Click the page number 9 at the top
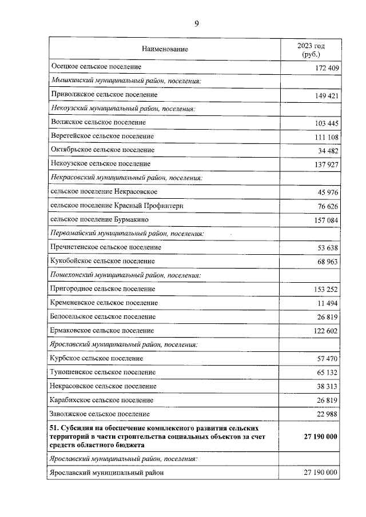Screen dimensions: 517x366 (197, 23)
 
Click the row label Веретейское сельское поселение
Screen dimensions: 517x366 (102, 136)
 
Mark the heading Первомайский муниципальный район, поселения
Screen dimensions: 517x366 (128, 233)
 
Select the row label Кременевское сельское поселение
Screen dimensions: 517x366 (104, 303)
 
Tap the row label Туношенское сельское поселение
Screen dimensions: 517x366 (103, 372)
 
